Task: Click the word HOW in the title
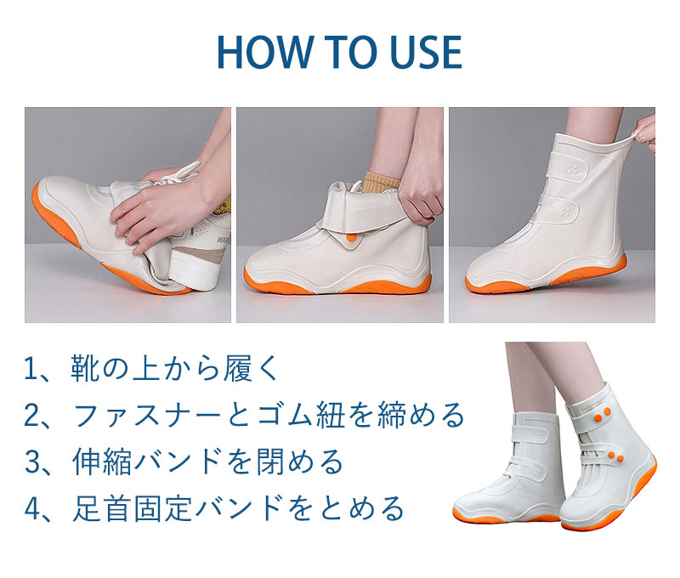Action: [x=264, y=52]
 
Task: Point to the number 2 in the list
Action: [x=31, y=415]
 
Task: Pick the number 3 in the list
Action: [x=32, y=462]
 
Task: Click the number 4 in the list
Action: [x=32, y=507]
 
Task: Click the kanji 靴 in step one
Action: [x=86, y=369]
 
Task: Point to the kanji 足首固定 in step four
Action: [x=132, y=507]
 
